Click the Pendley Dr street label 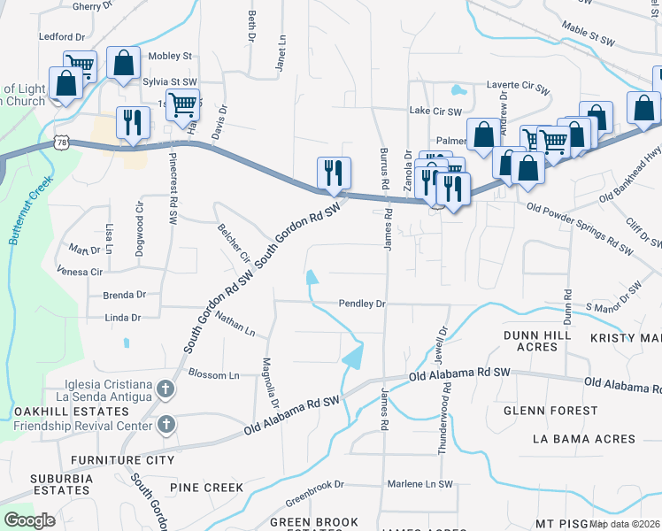point(363,304)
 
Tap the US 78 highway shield point(61,142)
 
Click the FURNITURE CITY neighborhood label point(123,460)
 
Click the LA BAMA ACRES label point(584,439)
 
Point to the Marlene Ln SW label point(420,485)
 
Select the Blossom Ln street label point(214,375)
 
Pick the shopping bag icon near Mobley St point(123,63)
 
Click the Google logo point(29,520)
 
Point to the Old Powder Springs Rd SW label point(580,228)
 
